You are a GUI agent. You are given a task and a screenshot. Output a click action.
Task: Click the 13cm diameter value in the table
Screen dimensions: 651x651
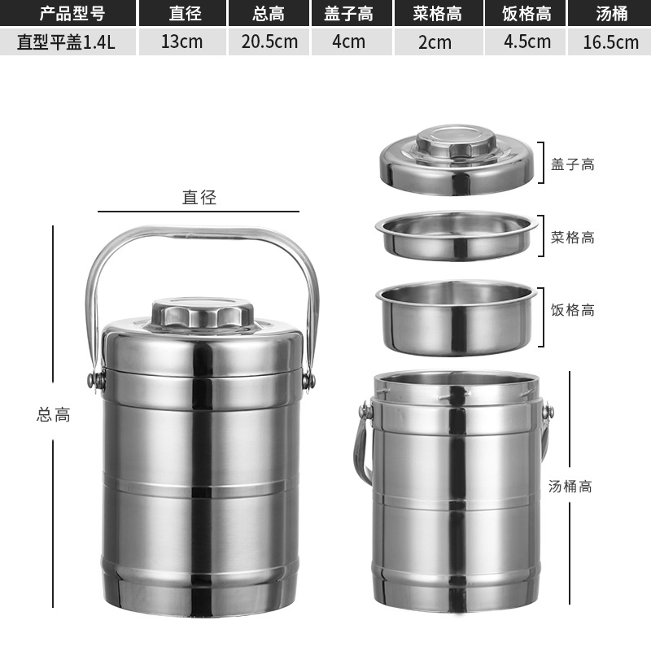tap(181, 42)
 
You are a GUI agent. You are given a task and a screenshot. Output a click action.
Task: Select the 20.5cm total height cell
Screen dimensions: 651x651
tap(269, 42)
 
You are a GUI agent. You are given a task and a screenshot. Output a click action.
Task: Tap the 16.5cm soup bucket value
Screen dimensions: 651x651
tap(610, 42)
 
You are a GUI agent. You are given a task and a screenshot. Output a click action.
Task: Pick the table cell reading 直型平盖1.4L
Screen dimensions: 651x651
tap(66, 42)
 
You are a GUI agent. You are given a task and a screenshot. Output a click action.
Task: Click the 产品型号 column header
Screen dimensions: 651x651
tap(66, 13)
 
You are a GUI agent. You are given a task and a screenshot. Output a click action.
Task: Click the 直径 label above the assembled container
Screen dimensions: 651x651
tap(199, 197)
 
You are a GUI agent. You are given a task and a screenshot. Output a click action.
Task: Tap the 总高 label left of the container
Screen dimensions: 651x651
tap(54, 414)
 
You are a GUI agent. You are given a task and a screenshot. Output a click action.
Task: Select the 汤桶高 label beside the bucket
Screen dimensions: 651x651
tap(570, 487)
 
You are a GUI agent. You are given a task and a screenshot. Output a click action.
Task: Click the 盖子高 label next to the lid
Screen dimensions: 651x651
tap(573, 164)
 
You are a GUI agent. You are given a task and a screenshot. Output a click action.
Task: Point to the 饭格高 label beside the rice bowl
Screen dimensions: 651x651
tap(573, 310)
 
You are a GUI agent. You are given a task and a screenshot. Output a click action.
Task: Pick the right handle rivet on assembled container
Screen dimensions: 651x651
tap(308, 380)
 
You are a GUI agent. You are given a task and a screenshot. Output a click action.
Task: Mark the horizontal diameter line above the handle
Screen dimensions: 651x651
tap(199, 212)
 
